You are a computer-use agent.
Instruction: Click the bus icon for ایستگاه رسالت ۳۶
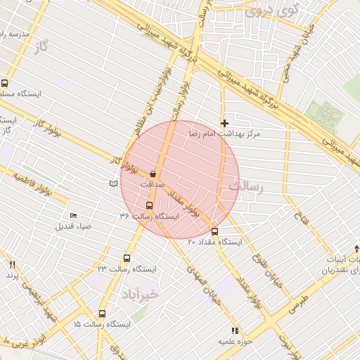[x=148, y=205]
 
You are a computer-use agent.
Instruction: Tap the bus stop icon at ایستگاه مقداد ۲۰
[x=214, y=231]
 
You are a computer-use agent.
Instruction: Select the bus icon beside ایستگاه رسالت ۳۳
[x=127, y=258]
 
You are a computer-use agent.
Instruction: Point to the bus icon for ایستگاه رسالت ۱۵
[x=102, y=314]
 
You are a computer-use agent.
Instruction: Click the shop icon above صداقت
[x=153, y=173]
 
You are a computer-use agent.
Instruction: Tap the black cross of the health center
[x=224, y=123]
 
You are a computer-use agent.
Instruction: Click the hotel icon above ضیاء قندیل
[x=73, y=216]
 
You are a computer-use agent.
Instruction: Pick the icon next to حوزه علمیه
[x=235, y=330]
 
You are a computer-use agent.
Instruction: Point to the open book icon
[x=113, y=184]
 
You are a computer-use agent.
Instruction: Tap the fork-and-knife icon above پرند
[x=11, y=264]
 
